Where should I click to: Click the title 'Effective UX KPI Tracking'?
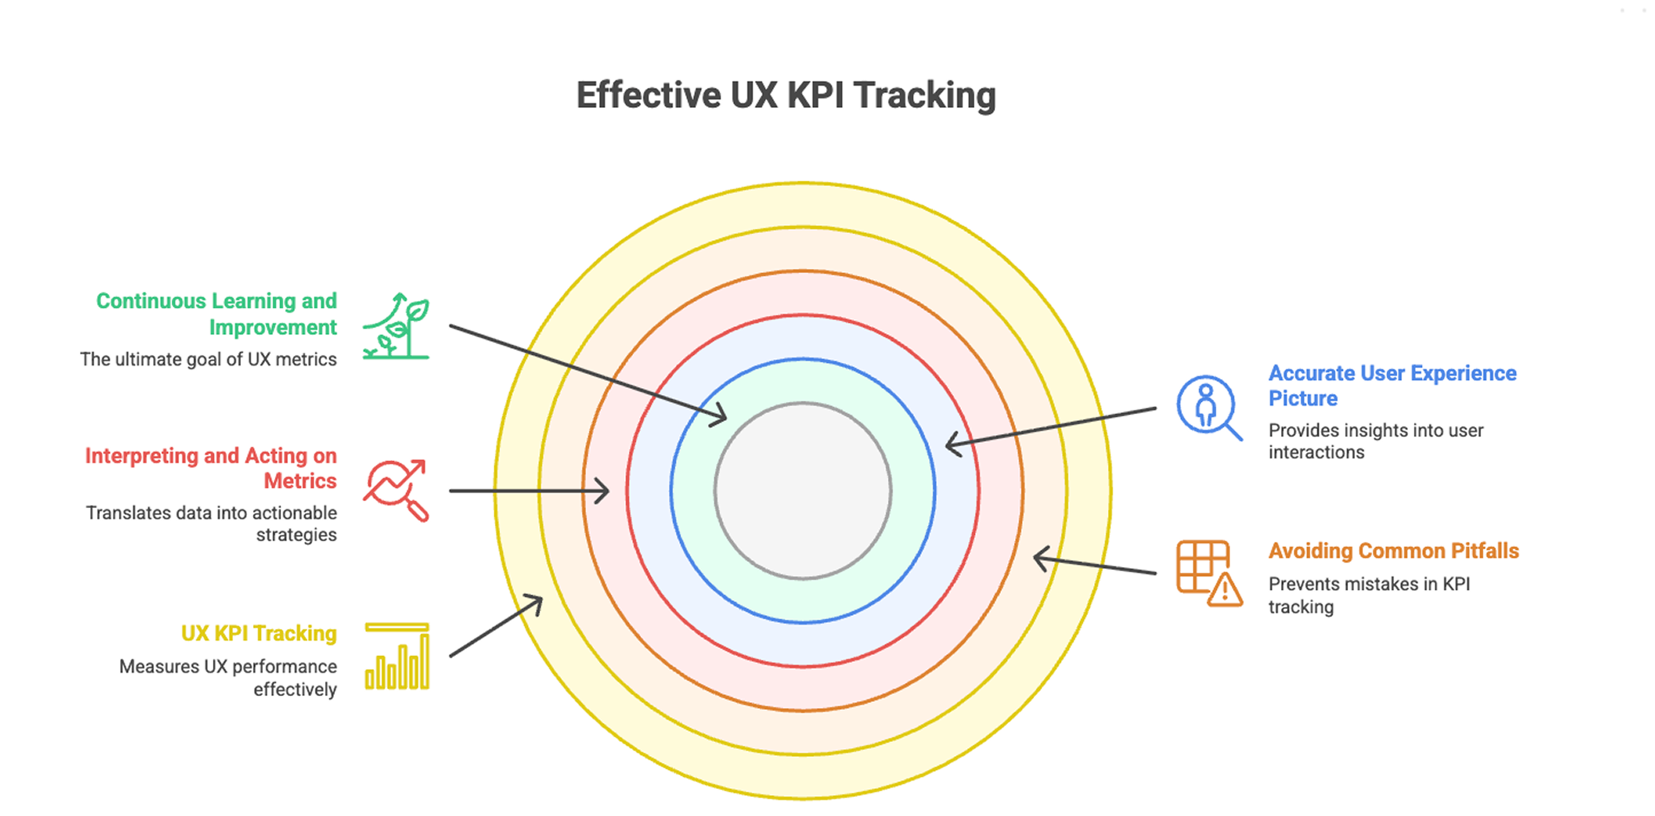[x=785, y=96]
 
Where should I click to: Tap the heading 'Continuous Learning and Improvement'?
[x=217, y=314]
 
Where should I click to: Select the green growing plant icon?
[x=397, y=326]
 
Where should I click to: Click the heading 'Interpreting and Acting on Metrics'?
[x=211, y=468]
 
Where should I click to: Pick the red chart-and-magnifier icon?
[x=397, y=490]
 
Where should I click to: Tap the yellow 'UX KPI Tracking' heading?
[x=258, y=633]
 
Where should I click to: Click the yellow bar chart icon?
[x=397, y=656]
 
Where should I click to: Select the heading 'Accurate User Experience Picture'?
[x=1391, y=385]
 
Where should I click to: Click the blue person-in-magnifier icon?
[x=1208, y=407]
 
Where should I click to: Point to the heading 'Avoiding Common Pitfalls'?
[x=1393, y=551]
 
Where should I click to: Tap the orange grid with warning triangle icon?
[x=1209, y=572]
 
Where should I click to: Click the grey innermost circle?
[x=803, y=491]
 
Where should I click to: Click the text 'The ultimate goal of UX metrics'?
[x=209, y=359]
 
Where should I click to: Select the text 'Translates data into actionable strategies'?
[x=211, y=524]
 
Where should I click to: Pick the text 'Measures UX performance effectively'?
[x=228, y=678]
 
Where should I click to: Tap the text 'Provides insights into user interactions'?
[x=1376, y=441]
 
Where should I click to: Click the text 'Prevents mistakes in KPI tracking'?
[x=1369, y=595]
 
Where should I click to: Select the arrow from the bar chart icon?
[x=496, y=626]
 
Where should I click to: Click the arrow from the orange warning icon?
[x=1095, y=565]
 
